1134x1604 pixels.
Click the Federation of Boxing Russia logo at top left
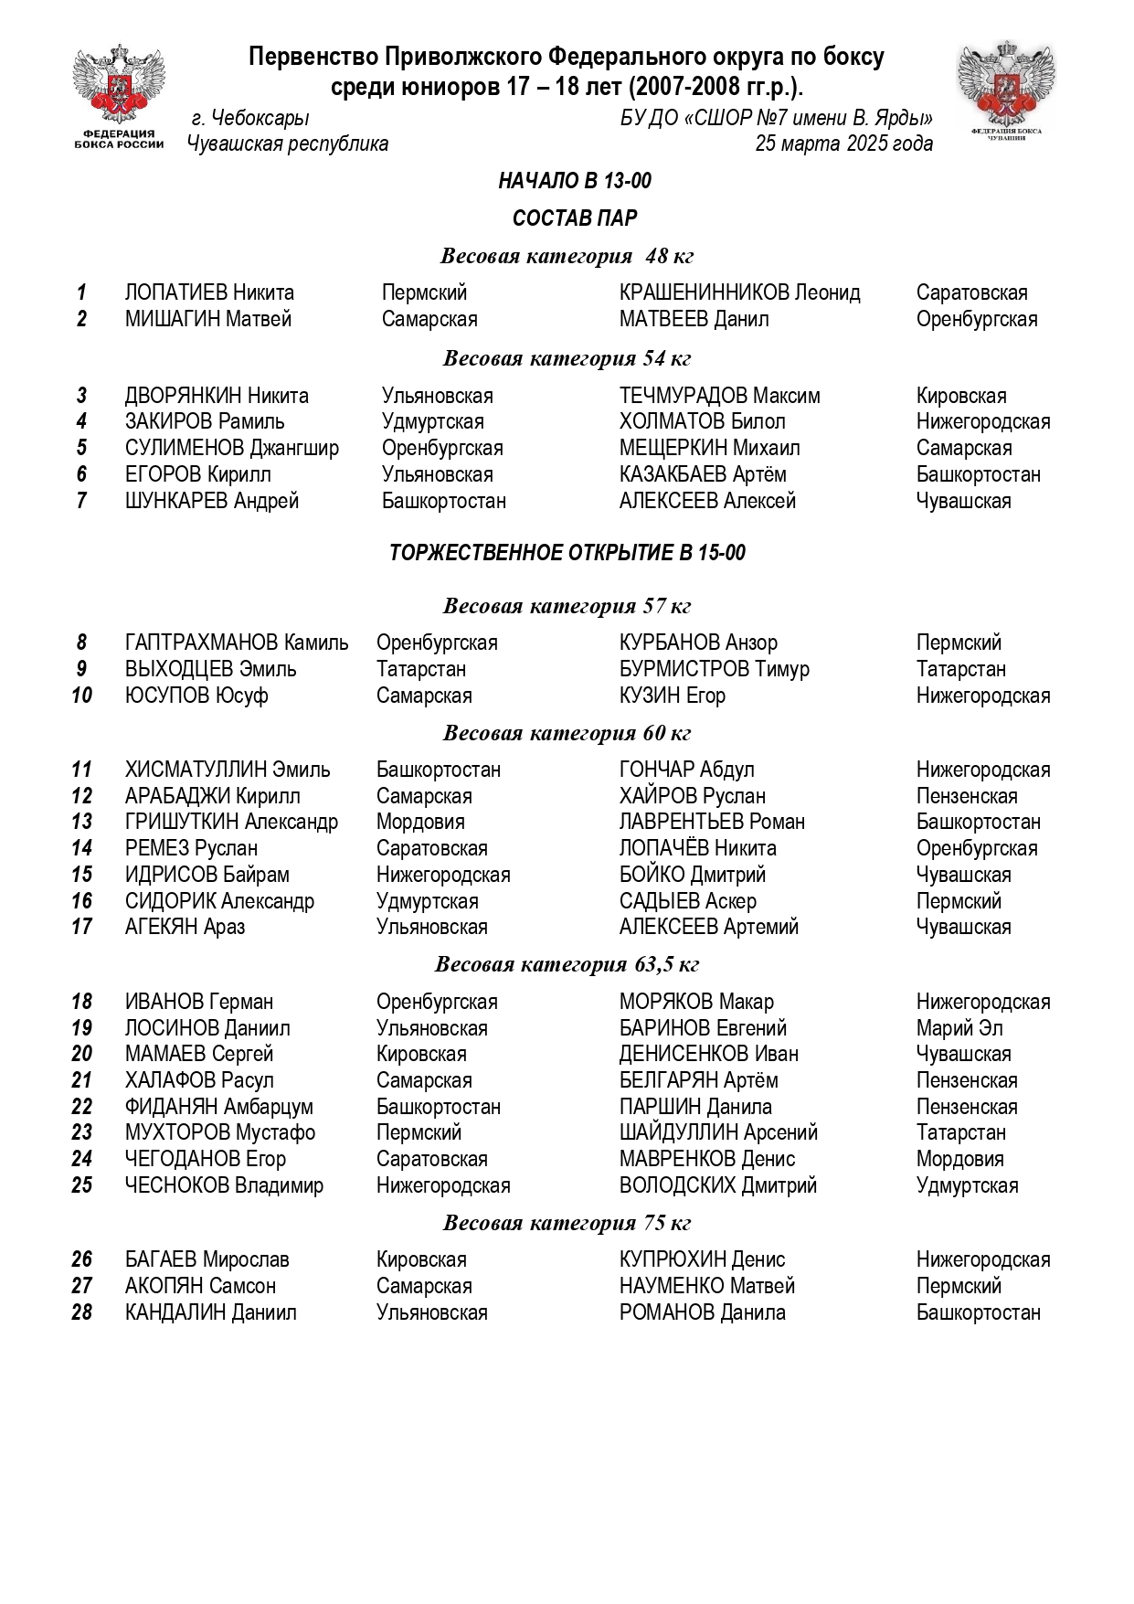(119, 96)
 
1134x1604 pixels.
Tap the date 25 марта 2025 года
(843, 143)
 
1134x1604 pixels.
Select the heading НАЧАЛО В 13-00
(575, 181)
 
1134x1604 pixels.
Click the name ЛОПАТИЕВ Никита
(209, 292)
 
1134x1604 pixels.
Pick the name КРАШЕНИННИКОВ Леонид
(739, 292)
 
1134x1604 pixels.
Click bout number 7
(81, 501)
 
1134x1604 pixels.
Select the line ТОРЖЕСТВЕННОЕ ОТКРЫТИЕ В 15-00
(567, 553)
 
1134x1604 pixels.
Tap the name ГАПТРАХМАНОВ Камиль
(237, 643)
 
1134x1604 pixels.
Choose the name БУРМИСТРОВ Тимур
(714, 669)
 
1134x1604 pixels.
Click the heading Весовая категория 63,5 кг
(567, 964)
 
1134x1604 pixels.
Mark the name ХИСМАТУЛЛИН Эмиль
(228, 770)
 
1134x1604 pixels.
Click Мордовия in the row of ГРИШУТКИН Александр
(420, 822)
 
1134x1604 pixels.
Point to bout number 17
(81, 927)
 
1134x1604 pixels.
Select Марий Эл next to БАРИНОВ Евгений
(959, 1028)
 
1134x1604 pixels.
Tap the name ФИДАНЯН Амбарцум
(218, 1107)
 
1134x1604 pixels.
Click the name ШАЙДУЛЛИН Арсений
(718, 1132)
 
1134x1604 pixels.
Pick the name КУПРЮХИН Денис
(702, 1259)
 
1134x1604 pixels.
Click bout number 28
(81, 1312)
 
